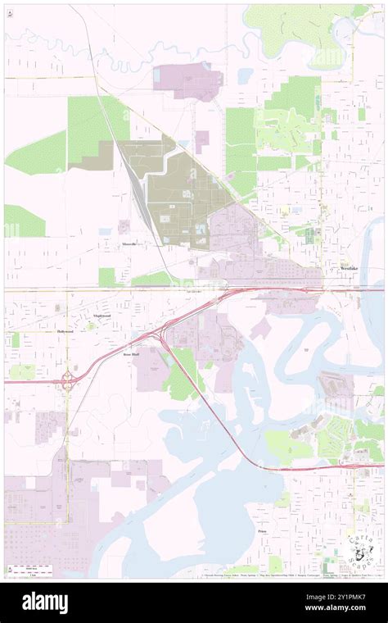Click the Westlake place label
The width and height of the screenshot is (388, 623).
pos(350,269)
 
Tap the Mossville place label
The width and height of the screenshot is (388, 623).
pos(129,244)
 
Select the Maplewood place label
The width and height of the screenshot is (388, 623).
pos(102,316)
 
